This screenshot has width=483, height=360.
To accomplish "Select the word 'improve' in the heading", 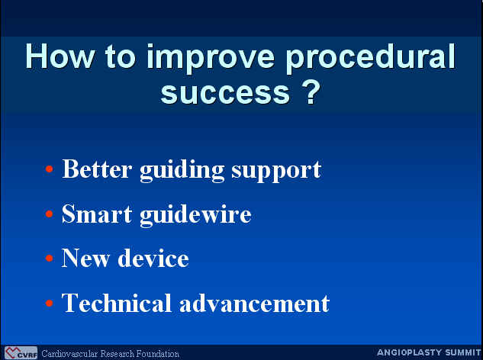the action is [210, 59].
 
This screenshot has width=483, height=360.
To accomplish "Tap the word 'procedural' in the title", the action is [370, 59].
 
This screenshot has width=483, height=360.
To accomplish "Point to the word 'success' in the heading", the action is [225, 93].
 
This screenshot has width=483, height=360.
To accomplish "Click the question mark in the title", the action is [311, 91].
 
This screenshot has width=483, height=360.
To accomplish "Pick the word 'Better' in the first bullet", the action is [98, 169].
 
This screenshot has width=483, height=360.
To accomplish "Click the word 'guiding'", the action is [182, 171].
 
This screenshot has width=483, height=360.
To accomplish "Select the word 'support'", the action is [277, 172].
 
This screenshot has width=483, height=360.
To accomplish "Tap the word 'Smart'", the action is [97, 214].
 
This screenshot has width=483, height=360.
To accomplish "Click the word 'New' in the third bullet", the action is [85, 258].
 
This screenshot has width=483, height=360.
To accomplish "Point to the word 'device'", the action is [153, 258].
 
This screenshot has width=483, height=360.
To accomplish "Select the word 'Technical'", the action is [117, 303].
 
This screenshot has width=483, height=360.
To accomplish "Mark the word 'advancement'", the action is [254, 303].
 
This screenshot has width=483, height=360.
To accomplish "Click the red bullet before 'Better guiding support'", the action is [50, 169].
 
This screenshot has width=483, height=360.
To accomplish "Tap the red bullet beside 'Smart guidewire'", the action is [50, 214].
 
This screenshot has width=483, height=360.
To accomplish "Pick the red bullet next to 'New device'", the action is [50, 258].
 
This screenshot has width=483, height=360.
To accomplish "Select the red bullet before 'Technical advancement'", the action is [50, 303].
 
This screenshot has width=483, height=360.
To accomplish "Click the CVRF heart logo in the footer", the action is [21, 353].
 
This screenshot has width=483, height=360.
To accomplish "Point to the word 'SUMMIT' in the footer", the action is [463, 352].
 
